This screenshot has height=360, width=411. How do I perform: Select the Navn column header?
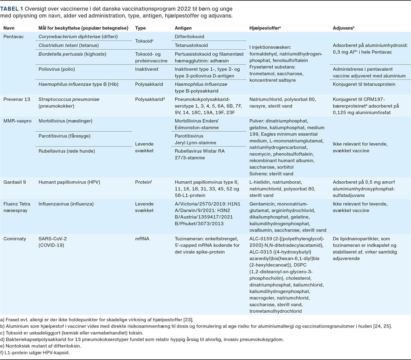[x=9, y=28]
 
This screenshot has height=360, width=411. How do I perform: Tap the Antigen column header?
[x=183, y=28]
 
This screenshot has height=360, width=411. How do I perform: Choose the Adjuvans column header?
[x=344, y=28]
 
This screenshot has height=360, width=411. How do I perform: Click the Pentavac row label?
[x=14, y=37]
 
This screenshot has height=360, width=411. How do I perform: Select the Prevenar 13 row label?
[x=17, y=99]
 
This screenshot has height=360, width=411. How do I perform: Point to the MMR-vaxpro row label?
[x=17, y=121]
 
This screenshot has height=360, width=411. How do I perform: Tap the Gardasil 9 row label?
[x=15, y=182]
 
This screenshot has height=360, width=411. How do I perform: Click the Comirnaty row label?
[x=15, y=239]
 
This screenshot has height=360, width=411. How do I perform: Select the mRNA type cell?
[x=142, y=239]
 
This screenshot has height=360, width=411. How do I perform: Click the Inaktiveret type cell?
[x=147, y=69]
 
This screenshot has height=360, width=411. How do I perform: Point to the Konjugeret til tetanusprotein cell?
[x=364, y=84]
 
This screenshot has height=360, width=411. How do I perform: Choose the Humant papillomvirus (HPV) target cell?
[x=69, y=182]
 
